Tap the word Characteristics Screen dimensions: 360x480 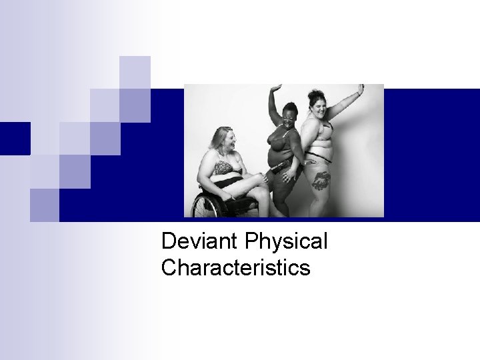(235, 267)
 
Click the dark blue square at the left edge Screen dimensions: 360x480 (15, 139)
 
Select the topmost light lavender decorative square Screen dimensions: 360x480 (135, 72)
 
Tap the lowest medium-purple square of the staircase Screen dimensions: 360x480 (45, 204)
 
